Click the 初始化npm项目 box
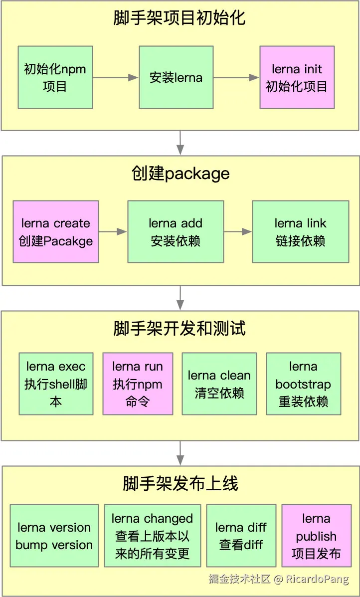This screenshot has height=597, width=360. pos(55,77)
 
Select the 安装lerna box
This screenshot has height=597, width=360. pos(176,77)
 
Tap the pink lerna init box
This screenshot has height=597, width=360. pos(297,77)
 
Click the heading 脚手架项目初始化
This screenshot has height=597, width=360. pos(180,18)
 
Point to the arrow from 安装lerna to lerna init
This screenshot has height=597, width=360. pos(236,77)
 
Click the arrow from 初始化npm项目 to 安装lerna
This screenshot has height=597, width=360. pos(116,77)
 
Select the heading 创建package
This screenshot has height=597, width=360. pos(180,174)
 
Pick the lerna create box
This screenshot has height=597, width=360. pos(56,232)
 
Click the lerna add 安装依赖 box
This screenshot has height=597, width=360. pos(176,232)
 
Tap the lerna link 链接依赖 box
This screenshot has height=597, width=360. pos(300,232)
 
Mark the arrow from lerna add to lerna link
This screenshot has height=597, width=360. pos(238,232)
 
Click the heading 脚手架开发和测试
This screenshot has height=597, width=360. pos(180,329)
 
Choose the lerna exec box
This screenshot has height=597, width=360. pos(56,384)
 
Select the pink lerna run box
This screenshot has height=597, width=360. pos(138,384)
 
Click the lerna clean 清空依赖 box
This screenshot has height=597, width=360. pos(219,384)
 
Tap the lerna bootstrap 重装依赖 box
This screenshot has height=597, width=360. pos(303,384)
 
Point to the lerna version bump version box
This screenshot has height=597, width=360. pos(54,536)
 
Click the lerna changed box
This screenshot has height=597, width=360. pos(152,536)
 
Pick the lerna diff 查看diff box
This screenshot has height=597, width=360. pos(241,536)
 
